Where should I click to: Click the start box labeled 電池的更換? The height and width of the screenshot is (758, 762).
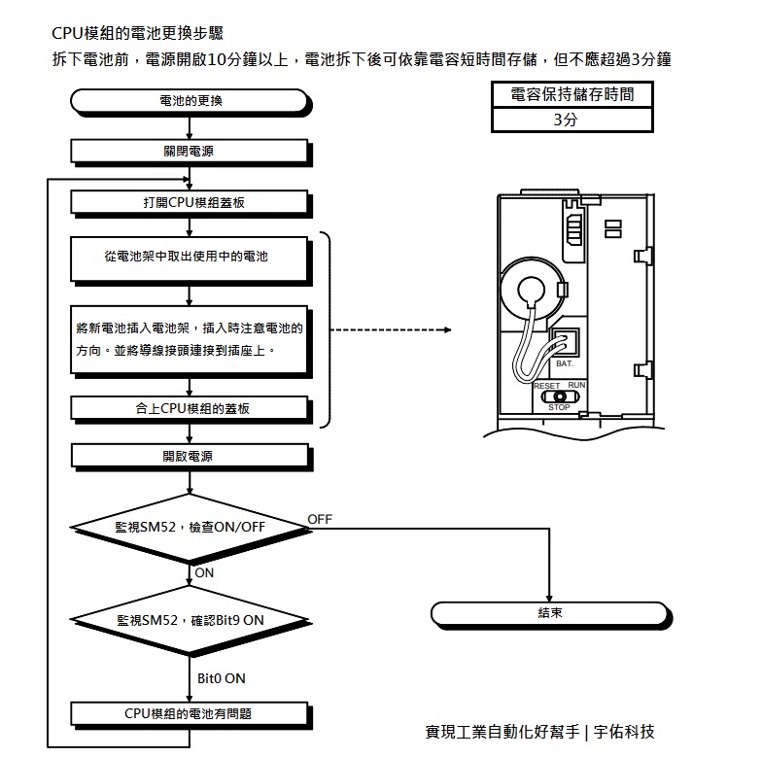(190, 100)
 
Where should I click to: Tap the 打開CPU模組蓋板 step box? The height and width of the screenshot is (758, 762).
(190, 202)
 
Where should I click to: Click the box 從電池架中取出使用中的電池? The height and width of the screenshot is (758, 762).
(190, 258)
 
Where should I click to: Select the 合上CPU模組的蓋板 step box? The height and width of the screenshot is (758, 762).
(191, 408)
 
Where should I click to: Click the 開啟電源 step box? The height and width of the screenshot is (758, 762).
(190, 455)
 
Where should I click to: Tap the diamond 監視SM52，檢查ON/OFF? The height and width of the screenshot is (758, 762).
(189, 527)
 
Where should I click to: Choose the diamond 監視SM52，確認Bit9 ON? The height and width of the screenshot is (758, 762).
(189, 619)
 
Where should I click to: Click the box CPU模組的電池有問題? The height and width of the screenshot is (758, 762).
(190, 713)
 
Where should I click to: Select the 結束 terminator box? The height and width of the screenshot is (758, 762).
(550, 614)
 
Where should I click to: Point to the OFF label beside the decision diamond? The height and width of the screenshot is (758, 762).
(320, 520)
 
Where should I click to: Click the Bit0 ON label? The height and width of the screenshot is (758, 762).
(221, 677)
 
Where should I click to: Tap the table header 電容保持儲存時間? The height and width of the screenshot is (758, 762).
(571, 94)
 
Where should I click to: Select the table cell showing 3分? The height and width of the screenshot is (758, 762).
(571, 121)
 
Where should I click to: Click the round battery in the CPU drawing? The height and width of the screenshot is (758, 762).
(532, 292)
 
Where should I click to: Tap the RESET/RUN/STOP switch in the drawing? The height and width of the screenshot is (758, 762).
(559, 396)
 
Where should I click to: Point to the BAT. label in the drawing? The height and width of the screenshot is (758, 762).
(565, 362)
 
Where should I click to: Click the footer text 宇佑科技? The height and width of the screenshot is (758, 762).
(632, 732)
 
